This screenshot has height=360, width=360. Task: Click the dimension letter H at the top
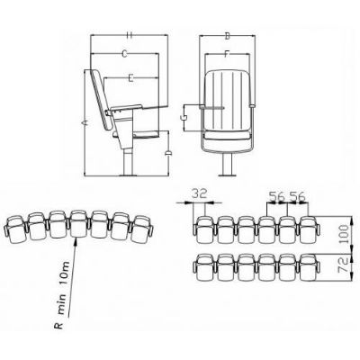130,35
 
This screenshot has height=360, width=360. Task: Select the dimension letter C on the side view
125,54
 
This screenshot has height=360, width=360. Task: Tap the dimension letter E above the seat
130,78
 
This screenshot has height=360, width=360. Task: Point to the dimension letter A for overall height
85,122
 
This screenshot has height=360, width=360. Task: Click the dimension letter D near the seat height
168,154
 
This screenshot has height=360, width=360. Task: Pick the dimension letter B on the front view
228,36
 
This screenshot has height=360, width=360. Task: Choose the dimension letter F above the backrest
228,54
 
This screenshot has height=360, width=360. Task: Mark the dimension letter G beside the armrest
184,118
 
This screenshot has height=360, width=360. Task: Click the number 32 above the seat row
200,193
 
